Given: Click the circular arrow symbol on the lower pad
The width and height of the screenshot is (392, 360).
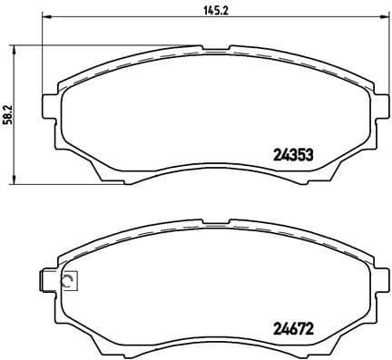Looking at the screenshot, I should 68,282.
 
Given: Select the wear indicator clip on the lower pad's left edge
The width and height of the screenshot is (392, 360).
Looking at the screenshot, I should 47,282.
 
